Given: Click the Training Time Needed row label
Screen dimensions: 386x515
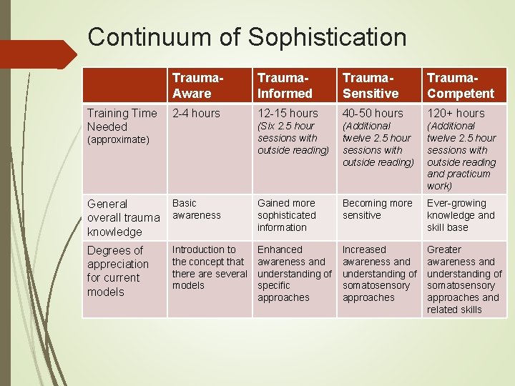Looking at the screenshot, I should [122, 119].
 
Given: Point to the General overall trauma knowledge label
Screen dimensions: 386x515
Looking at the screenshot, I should [123, 217].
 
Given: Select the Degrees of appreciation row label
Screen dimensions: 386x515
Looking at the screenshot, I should [116, 271].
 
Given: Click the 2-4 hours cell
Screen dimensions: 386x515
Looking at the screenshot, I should [197, 113].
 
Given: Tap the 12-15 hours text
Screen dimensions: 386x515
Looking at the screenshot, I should [288, 113].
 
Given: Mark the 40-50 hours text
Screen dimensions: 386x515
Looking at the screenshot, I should [373, 113].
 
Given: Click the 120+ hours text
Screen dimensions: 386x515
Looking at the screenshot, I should [456, 113].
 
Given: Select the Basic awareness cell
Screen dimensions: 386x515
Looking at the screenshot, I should [197, 209].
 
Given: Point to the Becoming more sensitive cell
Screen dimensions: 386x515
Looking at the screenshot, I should [377, 209].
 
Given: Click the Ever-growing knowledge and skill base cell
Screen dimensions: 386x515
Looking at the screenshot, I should [461, 215].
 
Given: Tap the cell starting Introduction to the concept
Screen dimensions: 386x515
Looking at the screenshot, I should [210, 267].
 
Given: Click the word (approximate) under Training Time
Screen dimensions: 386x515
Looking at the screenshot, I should [118, 139].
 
